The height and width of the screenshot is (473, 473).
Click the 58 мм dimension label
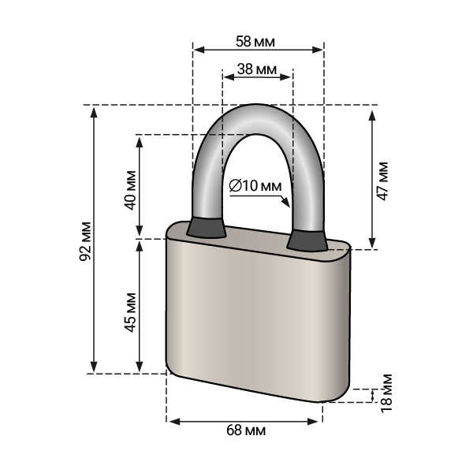(255, 42)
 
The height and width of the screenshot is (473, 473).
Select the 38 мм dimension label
(257, 69)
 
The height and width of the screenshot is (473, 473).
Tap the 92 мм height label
(85, 241)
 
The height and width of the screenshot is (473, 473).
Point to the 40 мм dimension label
(130, 190)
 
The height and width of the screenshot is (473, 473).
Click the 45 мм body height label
(130, 312)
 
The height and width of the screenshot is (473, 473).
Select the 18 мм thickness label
(386, 393)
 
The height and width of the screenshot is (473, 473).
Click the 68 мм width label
(246, 430)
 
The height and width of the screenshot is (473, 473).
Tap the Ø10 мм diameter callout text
(255, 186)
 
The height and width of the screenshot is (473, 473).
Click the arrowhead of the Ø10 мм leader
(286, 203)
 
